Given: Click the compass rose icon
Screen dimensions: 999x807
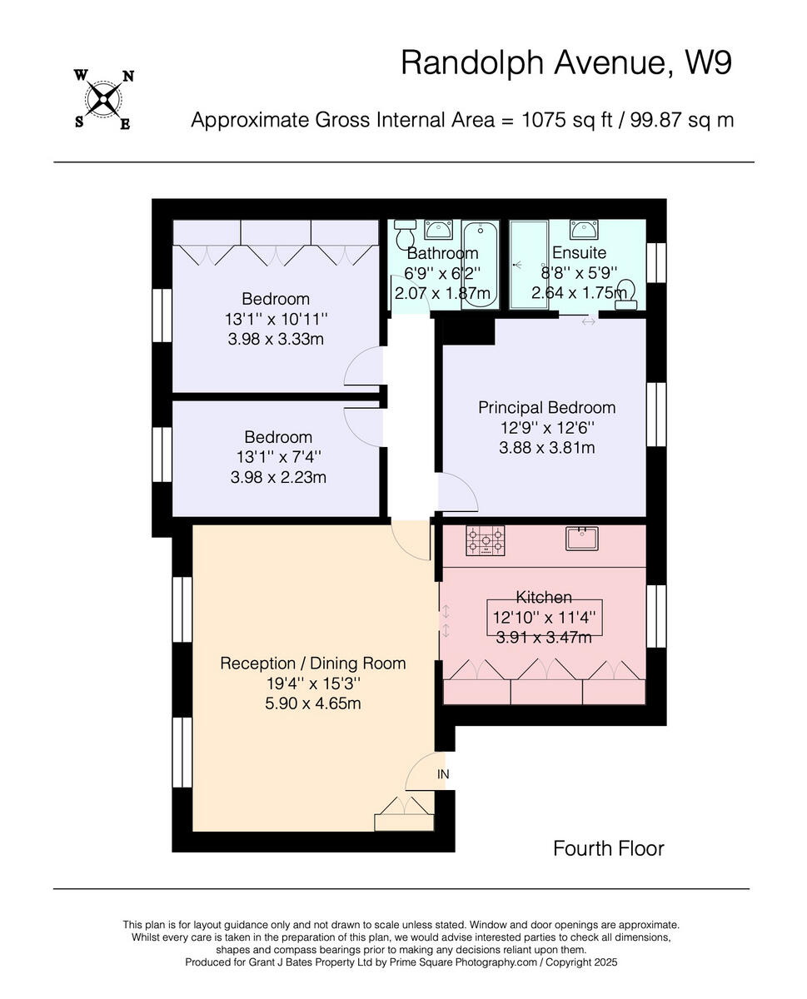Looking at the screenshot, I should coord(103,100).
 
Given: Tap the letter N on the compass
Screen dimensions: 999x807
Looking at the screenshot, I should coord(128,77).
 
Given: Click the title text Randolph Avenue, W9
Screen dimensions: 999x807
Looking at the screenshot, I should coord(566,62).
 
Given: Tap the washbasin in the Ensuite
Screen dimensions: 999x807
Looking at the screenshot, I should coord(582,229).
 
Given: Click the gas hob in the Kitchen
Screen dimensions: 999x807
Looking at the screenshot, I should coord(486,541).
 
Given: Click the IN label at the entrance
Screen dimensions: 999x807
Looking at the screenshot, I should coord(443,774).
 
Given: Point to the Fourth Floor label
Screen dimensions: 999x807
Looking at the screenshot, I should coord(609,848).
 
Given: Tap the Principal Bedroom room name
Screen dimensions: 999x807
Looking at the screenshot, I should coord(546,408).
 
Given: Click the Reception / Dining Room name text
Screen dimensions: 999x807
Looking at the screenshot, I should coord(312,664).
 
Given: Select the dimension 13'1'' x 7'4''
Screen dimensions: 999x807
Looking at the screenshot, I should coord(278,457).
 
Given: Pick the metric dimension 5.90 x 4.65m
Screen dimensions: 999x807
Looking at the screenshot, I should coord(312,703).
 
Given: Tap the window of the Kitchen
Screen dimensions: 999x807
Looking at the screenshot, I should coord(656,616).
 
